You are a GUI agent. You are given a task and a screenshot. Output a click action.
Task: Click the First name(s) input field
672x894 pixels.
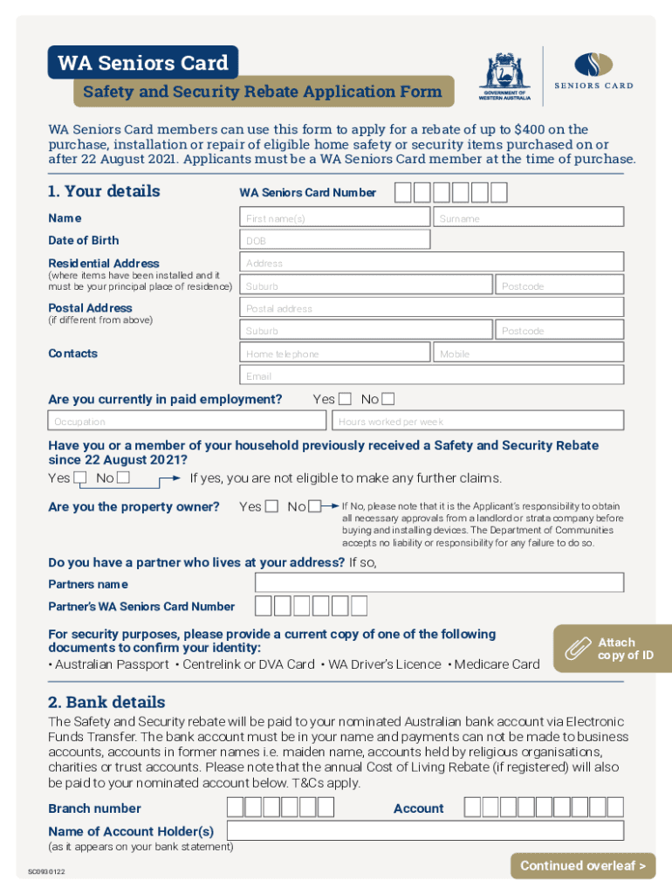tap(335, 218)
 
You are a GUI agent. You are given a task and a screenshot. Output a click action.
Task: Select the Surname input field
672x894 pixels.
tap(529, 218)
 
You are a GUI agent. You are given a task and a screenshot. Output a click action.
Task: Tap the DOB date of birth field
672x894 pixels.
tap(335, 241)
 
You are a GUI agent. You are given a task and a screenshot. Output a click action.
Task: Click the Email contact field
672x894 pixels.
tap(432, 376)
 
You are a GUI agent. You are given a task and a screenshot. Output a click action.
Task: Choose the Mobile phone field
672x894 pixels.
tap(529, 354)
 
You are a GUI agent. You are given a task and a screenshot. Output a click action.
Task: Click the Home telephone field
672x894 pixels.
tap(335, 354)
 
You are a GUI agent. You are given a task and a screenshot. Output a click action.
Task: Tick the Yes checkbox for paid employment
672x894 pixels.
tap(345, 399)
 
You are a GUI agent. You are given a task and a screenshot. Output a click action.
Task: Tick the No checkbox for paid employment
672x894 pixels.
tap(388, 399)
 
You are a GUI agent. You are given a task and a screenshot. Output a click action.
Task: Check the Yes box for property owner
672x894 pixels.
tap(272, 506)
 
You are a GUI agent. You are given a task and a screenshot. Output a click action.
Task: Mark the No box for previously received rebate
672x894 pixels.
tap(124, 478)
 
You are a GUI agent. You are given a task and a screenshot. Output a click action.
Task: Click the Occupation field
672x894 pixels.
tap(189, 422)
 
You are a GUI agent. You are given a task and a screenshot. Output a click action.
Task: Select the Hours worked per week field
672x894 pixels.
tap(480, 422)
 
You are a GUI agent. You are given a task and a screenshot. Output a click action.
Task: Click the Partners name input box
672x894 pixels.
tap(439, 583)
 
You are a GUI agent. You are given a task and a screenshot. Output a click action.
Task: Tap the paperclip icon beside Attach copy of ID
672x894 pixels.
tap(577, 649)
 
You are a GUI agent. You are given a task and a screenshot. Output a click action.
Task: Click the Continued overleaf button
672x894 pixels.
tap(582, 865)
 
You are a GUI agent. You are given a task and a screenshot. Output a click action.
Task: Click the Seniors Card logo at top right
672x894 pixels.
tap(593, 70)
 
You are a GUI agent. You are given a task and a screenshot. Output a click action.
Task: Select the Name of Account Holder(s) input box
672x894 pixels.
tap(425, 831)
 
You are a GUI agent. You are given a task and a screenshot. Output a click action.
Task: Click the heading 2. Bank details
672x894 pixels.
tap(106, 702)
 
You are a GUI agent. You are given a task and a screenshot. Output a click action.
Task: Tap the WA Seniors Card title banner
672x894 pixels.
tap(143, 63)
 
